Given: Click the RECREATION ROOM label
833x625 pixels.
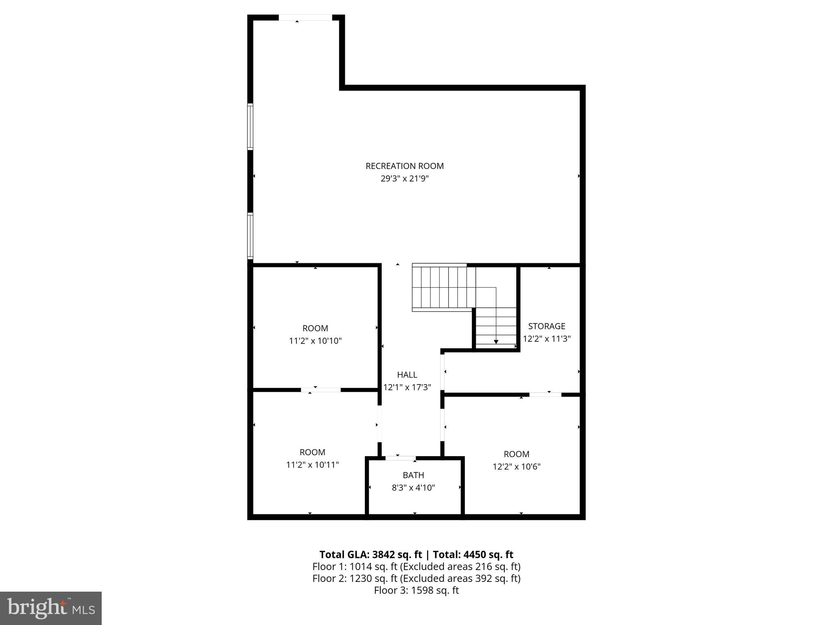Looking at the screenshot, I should [404, 166].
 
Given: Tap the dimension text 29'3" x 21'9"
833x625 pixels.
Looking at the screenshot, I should [404, 179].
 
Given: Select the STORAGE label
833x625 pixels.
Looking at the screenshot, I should [546, 326].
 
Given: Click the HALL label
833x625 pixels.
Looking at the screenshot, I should [407, 375].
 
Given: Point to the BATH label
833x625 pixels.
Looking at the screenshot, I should [413, 475].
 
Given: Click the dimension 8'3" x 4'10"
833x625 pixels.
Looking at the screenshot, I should [413, 487].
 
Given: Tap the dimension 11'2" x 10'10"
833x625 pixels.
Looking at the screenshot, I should [315, 341].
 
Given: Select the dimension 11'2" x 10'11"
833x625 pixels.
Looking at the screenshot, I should [312, 465].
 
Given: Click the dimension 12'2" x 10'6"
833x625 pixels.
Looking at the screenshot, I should [516, 467].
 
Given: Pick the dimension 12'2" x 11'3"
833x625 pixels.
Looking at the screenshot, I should [546, 339].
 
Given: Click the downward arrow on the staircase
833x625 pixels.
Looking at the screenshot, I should [496, 341].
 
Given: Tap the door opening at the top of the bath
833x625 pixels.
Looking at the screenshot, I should [400, 458].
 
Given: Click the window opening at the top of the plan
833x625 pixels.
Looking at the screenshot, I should [305, 17].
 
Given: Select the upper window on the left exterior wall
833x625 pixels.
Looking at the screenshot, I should [251, 127].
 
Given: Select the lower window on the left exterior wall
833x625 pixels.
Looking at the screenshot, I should [251, 236].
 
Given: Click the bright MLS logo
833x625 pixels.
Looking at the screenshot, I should [51, 608].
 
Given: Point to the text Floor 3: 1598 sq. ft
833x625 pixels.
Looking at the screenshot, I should [416, 590].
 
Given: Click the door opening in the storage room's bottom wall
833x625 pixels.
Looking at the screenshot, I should [545, 394].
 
